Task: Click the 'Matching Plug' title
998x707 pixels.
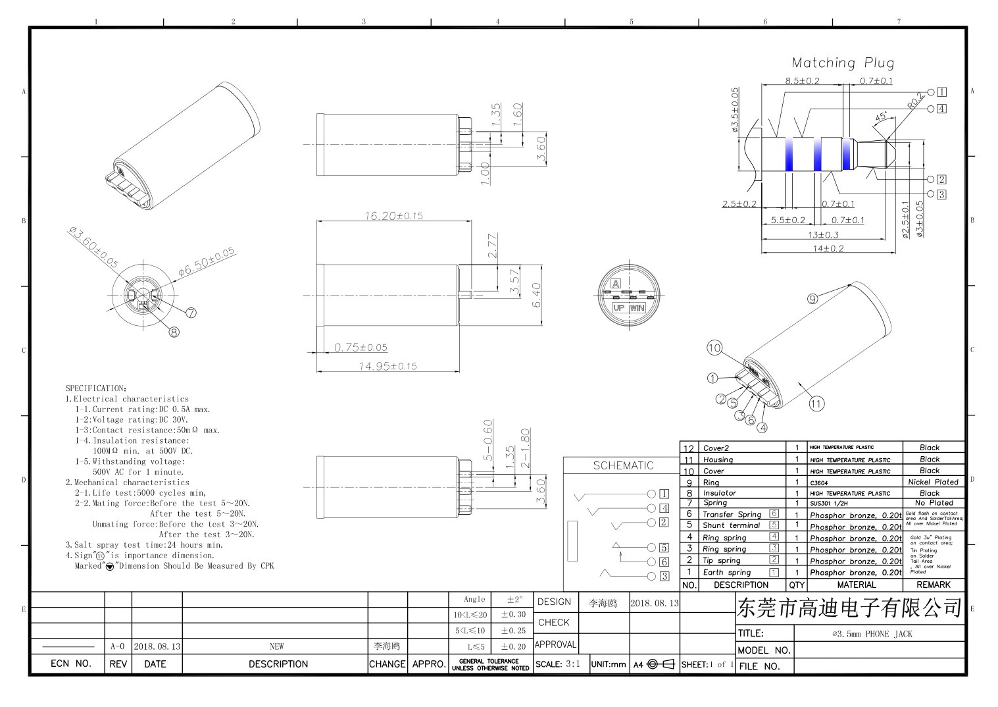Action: point(843,63)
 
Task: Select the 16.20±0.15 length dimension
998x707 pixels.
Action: point(393,215)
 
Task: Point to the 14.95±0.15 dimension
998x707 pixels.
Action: point(387,366)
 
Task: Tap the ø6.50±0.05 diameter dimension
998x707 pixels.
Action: point(207,261)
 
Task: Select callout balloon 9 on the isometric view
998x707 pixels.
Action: point(812,299)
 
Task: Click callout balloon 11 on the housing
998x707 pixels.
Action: point(816,404)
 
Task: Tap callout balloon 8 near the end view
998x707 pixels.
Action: point(174,332)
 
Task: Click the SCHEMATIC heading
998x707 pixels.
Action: point(623,465)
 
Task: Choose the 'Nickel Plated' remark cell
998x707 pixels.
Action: point(933,482)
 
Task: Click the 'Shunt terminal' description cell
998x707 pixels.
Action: point(731,525)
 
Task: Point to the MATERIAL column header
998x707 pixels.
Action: point(856,585)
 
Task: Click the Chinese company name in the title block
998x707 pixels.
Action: point(850,608)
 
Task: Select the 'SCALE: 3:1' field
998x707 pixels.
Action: point(558,664)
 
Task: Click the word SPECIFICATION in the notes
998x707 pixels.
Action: point(95,388)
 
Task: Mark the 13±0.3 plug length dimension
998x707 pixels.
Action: point(822,234)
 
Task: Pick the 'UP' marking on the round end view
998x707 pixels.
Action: point(618,307)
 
